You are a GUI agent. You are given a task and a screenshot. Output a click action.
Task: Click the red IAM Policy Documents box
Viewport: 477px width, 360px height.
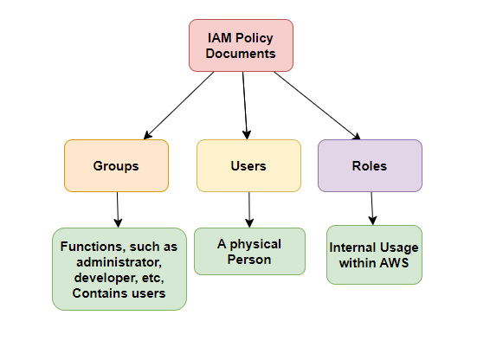click(x=242, y=45)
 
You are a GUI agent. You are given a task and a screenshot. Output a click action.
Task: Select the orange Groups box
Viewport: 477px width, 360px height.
click(x=115, y=165)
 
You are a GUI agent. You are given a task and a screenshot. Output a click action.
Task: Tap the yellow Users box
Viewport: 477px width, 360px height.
click(x=248, y=165)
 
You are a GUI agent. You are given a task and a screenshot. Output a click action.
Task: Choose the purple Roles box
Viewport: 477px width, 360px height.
click(x=370, y=165)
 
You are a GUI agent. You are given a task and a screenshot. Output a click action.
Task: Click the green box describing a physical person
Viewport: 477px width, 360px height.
click(x=249, y=251)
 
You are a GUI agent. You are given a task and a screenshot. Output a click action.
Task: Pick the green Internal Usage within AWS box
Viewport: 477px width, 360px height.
click(x=374, y=254)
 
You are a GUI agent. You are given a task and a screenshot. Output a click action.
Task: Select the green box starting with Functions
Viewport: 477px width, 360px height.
click(x=119, y=269)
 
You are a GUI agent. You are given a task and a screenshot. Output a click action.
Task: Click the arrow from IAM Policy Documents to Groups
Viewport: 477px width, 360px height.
click(x=179, y=106)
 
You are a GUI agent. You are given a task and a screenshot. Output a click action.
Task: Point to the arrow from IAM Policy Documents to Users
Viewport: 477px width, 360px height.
click(x=245, y=104)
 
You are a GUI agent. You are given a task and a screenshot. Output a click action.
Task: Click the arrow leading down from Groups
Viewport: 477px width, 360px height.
click(x=118, y=209)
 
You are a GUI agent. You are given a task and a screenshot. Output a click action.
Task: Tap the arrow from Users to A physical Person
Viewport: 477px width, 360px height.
click(x=249, y=209)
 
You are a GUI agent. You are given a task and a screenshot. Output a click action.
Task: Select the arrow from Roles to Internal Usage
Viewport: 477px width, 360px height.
click(x=372, y=208)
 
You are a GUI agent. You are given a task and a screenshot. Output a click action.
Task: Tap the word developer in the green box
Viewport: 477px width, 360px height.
click(x=102, y=278)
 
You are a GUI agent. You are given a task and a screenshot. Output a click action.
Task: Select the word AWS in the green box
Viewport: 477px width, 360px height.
click(x=396, y=262)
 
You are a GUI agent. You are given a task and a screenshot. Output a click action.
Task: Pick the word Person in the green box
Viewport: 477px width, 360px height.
click(x=249, y=259)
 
